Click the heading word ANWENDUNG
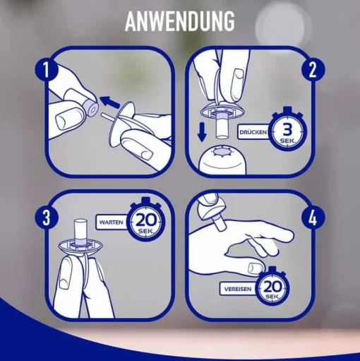[x=180, y=21]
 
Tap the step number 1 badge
[x=47, y=69]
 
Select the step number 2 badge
[x=313, y=70]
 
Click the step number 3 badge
[x=47, y=217]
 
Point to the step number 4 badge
[x=313, y=218]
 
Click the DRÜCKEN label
[x=253, y=132]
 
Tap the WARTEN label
[x=111, y=222]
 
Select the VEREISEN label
[x=238, y=289]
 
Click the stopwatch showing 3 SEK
[x=287, y=130]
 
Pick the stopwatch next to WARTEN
[x=145, y=221]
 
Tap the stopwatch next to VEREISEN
[x=272, y=288]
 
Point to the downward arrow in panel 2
[x=202, y=134]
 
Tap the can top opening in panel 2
[x=222, y=151]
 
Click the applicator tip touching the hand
[x=218, y=225]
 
